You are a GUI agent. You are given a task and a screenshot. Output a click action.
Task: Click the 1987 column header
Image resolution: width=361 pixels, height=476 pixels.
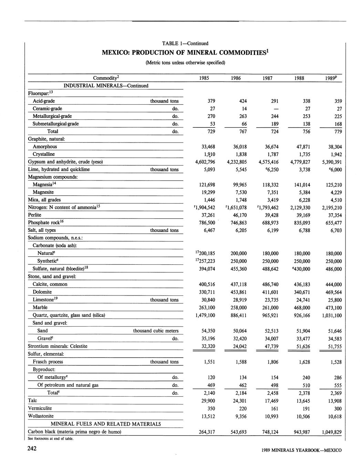[x=267, y=78]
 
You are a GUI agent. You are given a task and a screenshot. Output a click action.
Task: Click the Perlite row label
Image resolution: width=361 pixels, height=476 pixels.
[x=34, y=215]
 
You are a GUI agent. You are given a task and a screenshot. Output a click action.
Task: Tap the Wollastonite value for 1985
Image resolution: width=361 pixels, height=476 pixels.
[x=208, y=417]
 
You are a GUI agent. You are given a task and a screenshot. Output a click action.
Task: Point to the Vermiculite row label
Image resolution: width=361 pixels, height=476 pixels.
[x=40, y=408]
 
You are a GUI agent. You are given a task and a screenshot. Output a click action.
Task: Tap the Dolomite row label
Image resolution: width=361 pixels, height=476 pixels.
[x=42, y=292]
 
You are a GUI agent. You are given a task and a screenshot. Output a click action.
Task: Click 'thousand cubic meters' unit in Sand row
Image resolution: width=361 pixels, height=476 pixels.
[x=156, y=331]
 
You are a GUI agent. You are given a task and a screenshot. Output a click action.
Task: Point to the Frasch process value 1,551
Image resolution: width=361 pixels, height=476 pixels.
[x=208, y=362]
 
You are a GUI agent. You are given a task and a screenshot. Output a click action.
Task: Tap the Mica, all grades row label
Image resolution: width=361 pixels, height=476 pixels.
[x=44, y=200]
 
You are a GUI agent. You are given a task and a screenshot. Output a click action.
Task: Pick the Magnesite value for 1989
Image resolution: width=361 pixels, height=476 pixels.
[x=334, y=192]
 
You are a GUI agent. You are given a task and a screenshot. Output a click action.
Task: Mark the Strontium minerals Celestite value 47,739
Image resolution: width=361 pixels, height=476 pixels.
[x=271, y=346]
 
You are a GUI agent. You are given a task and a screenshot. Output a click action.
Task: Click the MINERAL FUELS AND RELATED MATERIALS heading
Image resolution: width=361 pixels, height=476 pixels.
[x=106, y=424]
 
